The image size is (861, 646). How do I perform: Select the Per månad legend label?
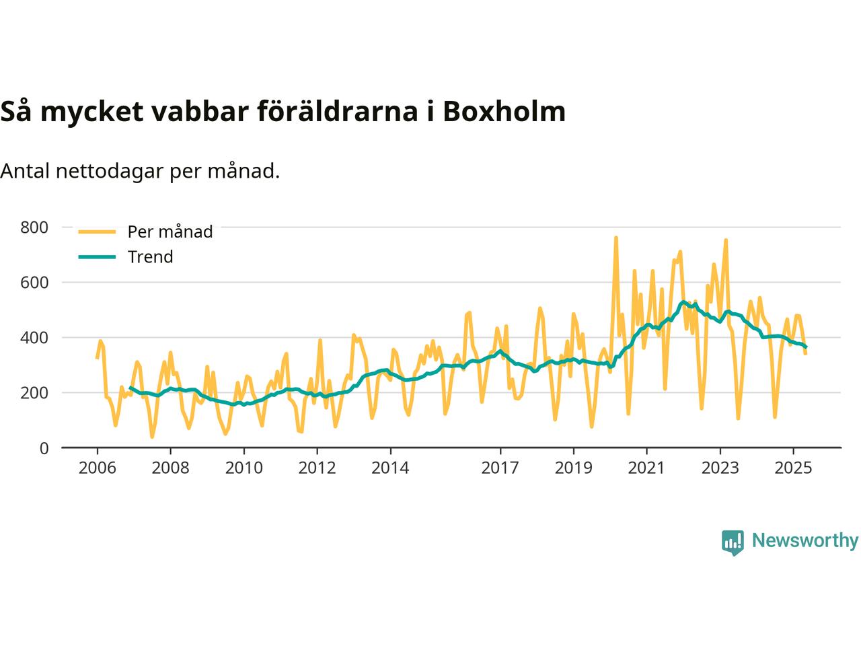170,231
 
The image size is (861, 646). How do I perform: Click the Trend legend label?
150,257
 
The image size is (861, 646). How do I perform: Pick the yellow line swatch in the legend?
97,231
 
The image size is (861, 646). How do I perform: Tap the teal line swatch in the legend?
97,257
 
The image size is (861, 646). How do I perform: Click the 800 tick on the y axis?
34,227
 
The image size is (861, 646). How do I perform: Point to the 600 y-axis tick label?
34,283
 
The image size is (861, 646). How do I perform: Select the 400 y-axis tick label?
34,338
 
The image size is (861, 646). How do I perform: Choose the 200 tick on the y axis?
34,393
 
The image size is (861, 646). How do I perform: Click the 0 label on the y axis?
44,448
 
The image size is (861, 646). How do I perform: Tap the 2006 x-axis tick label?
97,468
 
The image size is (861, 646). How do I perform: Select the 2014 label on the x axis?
390,468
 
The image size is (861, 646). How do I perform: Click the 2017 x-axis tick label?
500,468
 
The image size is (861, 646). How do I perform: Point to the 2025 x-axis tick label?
793,468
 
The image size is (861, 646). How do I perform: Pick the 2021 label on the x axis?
646,468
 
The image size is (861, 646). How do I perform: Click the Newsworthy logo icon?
733,542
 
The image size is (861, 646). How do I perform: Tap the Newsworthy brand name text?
804,540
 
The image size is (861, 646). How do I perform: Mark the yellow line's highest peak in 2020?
615,238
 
